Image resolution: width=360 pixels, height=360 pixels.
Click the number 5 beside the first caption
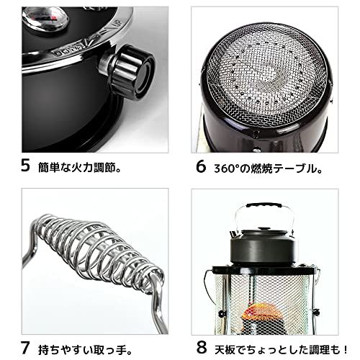25,167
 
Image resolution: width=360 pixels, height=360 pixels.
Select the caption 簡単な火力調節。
81,168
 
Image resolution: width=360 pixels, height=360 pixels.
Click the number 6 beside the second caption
201,167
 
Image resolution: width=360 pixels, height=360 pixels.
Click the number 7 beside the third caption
25,336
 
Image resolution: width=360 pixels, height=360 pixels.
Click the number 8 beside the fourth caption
201,336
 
